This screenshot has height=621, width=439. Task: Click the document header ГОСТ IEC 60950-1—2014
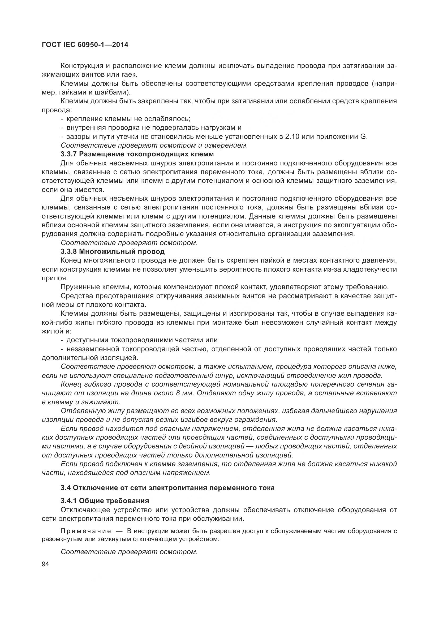pos(85,45)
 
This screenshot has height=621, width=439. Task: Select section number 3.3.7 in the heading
pos(69,154)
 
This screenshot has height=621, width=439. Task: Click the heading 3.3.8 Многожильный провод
pos(113,251)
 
